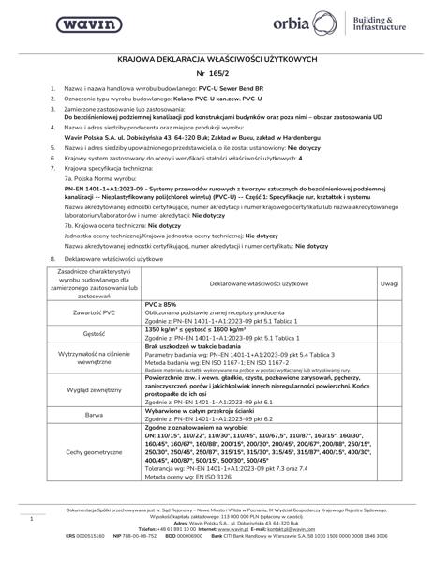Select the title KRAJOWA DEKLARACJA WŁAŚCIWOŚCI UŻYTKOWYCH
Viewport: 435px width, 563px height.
pos(217,58)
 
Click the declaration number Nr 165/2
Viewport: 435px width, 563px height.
pos(217,73)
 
